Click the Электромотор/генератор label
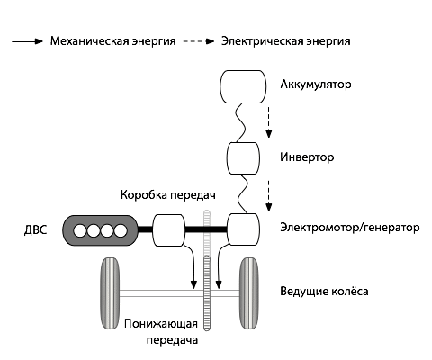tap(350, 228)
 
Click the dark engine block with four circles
tap(99, 230)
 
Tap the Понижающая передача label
tap(162, 332)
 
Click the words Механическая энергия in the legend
tap(112, 41)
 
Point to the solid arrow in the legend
tap(27, 41)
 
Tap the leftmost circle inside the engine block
tap(79, 230)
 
